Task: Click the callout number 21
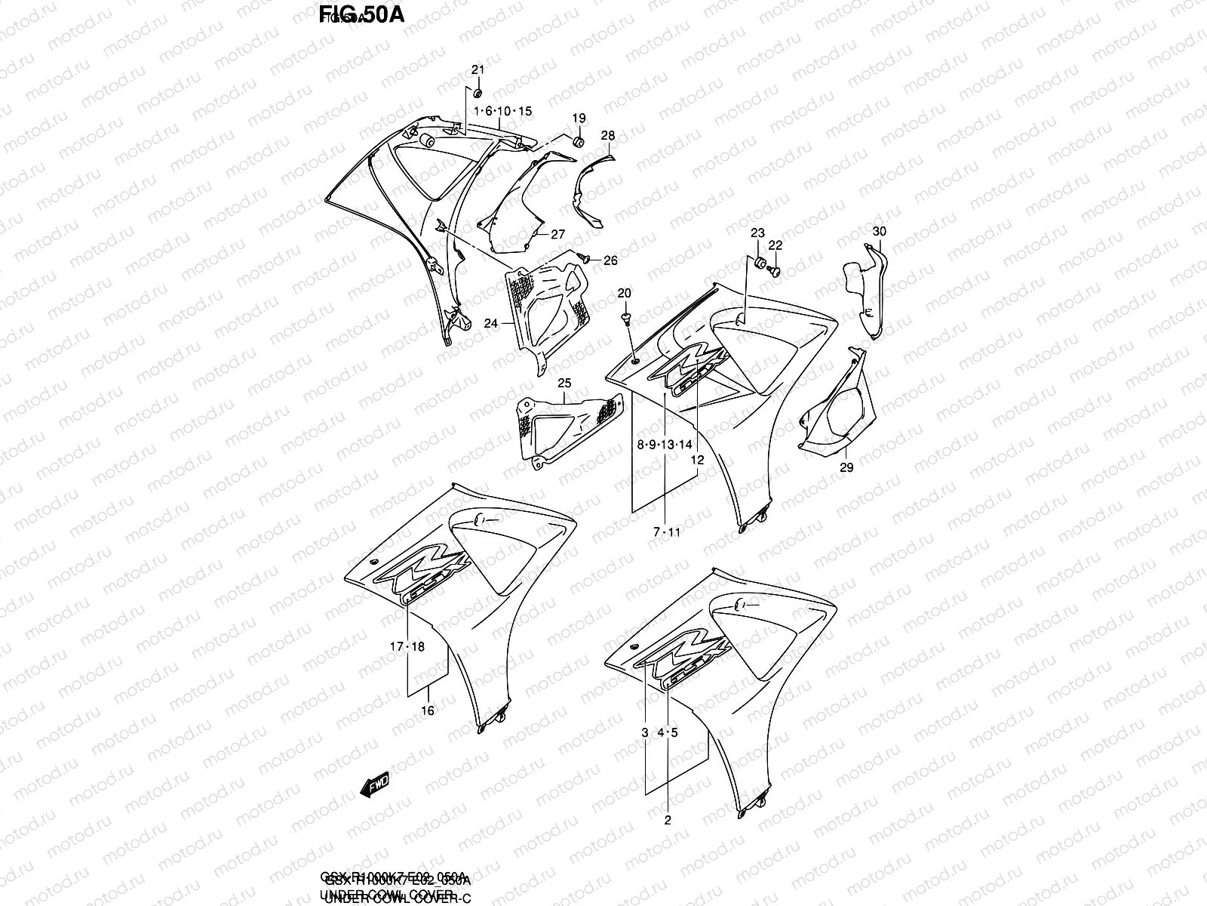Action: [x=477, y=70]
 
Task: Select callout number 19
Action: [x=579, y=119]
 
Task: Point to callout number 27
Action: [x=557, y=235]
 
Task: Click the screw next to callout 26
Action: [x=583, y=258]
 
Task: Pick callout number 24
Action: [x=491, y=323]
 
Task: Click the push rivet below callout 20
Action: [x=626, y=319]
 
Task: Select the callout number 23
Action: [x=757, y=233]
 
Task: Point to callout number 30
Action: [x=880, y=231]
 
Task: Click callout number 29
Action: [x=846, y=468]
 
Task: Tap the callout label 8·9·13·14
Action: [x=665, y=445]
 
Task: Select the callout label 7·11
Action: [x=667, y=532]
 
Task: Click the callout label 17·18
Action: [x=408, y=647]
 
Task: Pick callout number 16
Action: [x=428, y=710]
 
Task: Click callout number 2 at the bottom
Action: [x=667, y=819]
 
